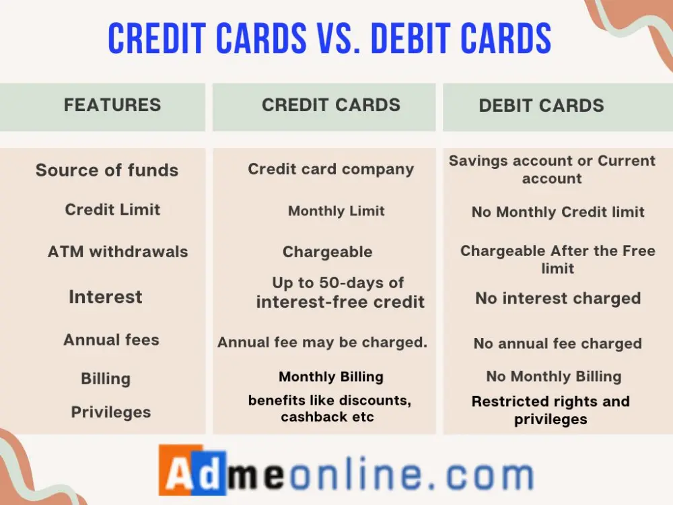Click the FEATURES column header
tap(112, 105)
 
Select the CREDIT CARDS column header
tap(331, 105)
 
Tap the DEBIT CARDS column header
tap(541, 106)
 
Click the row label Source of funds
tap(107, 170)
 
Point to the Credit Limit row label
tap(112, 209)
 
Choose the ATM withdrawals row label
tap(118, 252)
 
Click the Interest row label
tap(106, 297)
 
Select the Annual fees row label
tap(111, 339)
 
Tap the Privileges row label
tap(111, 412)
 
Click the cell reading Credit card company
tap(331, 169)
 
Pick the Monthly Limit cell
tap(336, 211)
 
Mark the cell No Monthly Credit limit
tap(558, 211)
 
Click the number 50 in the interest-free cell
tap(330, 283)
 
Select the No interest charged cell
tap(558, 298)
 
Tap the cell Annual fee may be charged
tap(322, 342)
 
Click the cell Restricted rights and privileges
tap(551, 410)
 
